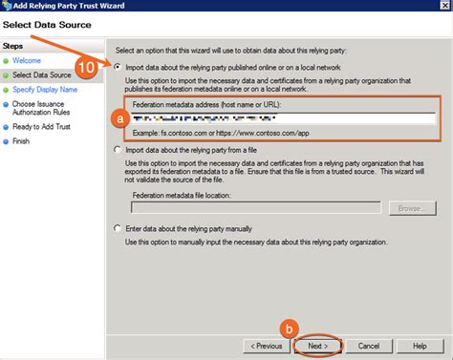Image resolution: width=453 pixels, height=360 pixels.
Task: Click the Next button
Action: point(319,345)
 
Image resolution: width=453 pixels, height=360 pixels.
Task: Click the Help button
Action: point(419,345)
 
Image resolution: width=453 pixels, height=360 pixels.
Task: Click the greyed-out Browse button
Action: point(411,206)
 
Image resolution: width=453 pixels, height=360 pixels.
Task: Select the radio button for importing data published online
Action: point(119,67)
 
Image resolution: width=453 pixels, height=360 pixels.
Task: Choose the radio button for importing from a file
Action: point(119,150)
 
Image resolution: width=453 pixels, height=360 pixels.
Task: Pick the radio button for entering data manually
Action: point(119,229)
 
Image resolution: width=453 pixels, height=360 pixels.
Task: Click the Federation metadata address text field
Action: point(283,118)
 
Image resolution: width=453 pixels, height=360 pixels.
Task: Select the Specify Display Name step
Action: point(45,89)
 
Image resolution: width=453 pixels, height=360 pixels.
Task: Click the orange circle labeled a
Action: point(119,118)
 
